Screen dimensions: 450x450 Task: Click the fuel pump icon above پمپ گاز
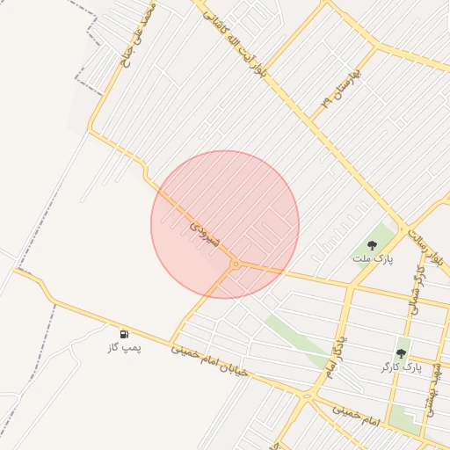[x=124, y=334]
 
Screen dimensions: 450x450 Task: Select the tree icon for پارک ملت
[x=374, y=245]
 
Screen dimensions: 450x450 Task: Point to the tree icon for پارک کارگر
[x=402, y=352]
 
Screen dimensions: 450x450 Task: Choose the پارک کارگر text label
[x=402, y=366]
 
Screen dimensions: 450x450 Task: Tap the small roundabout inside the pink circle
[x=236, y=264]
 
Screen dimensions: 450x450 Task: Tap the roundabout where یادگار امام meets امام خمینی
[x=307, y=397]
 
